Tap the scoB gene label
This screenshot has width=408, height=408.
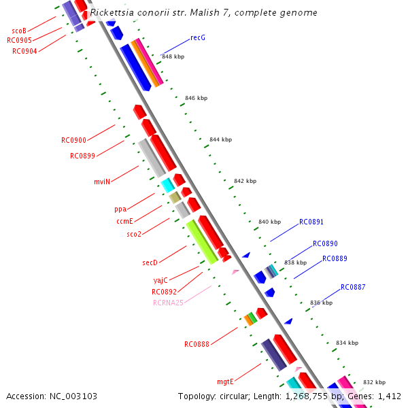[19, 31]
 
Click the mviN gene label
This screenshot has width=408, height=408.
[102, 182]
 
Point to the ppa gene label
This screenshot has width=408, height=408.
[120, 209]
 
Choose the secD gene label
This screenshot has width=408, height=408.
[150, 262]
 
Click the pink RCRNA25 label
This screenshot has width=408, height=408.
[168, 303]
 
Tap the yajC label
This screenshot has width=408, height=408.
[160, 280]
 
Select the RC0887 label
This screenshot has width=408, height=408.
[353, 287]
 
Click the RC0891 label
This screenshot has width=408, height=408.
[311, 222]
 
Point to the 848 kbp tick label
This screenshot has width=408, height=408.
[173, 56]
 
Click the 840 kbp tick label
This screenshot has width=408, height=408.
[269, 222]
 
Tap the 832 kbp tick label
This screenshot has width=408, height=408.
[374, 382]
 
